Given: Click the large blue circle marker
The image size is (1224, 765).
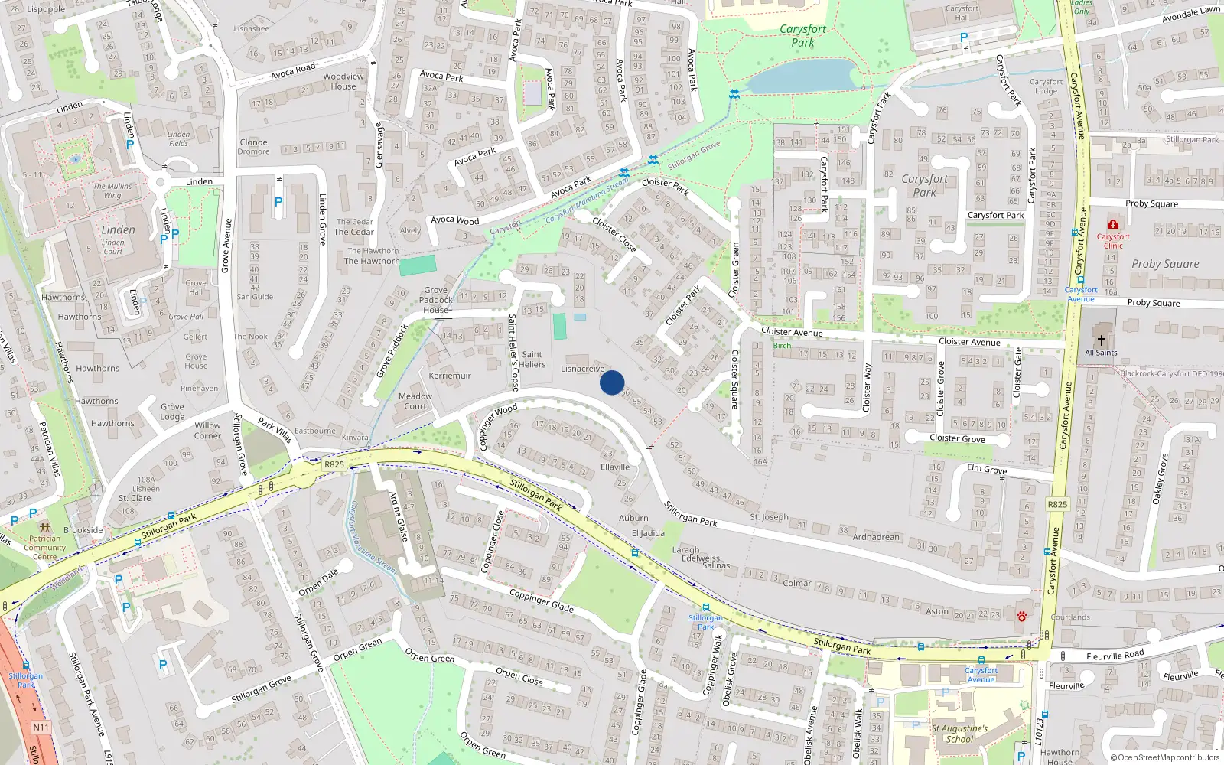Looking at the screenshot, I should click(x=612, y=382).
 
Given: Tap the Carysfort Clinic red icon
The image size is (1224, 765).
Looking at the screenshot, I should click(x=1113, y=224).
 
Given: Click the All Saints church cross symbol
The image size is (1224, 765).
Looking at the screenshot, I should click(x=1101, y=340).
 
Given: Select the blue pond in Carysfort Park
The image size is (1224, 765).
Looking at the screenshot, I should click(x=800, y=76).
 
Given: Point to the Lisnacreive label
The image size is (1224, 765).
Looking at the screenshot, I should click(x=582, y=369).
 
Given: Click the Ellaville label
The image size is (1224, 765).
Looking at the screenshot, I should click(x=615, y=467).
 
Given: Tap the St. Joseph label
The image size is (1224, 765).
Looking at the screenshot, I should click(x=769, y=517).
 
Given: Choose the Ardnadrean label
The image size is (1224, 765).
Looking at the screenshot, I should click(x=876, y=537).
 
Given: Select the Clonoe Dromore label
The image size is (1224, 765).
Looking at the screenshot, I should click(x=253, y=147).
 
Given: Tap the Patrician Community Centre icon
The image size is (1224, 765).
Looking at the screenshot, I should click(x=44, y=528).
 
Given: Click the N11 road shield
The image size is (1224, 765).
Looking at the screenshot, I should click(x=41, y=728).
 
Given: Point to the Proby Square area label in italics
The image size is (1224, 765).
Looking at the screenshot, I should click(x=1165, y=264).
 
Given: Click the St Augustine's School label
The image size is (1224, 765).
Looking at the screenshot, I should click(x=959, y=734).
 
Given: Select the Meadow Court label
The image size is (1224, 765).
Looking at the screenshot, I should click(x=415, y=401).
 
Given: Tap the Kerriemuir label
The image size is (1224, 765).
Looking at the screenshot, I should click(x=450, y=376).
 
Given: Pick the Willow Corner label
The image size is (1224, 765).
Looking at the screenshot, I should click(x=207, y=431).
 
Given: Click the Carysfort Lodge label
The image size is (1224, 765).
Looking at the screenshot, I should click(x=1046, y=86).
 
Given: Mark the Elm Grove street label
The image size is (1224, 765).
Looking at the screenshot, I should click(x=987, y=469).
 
